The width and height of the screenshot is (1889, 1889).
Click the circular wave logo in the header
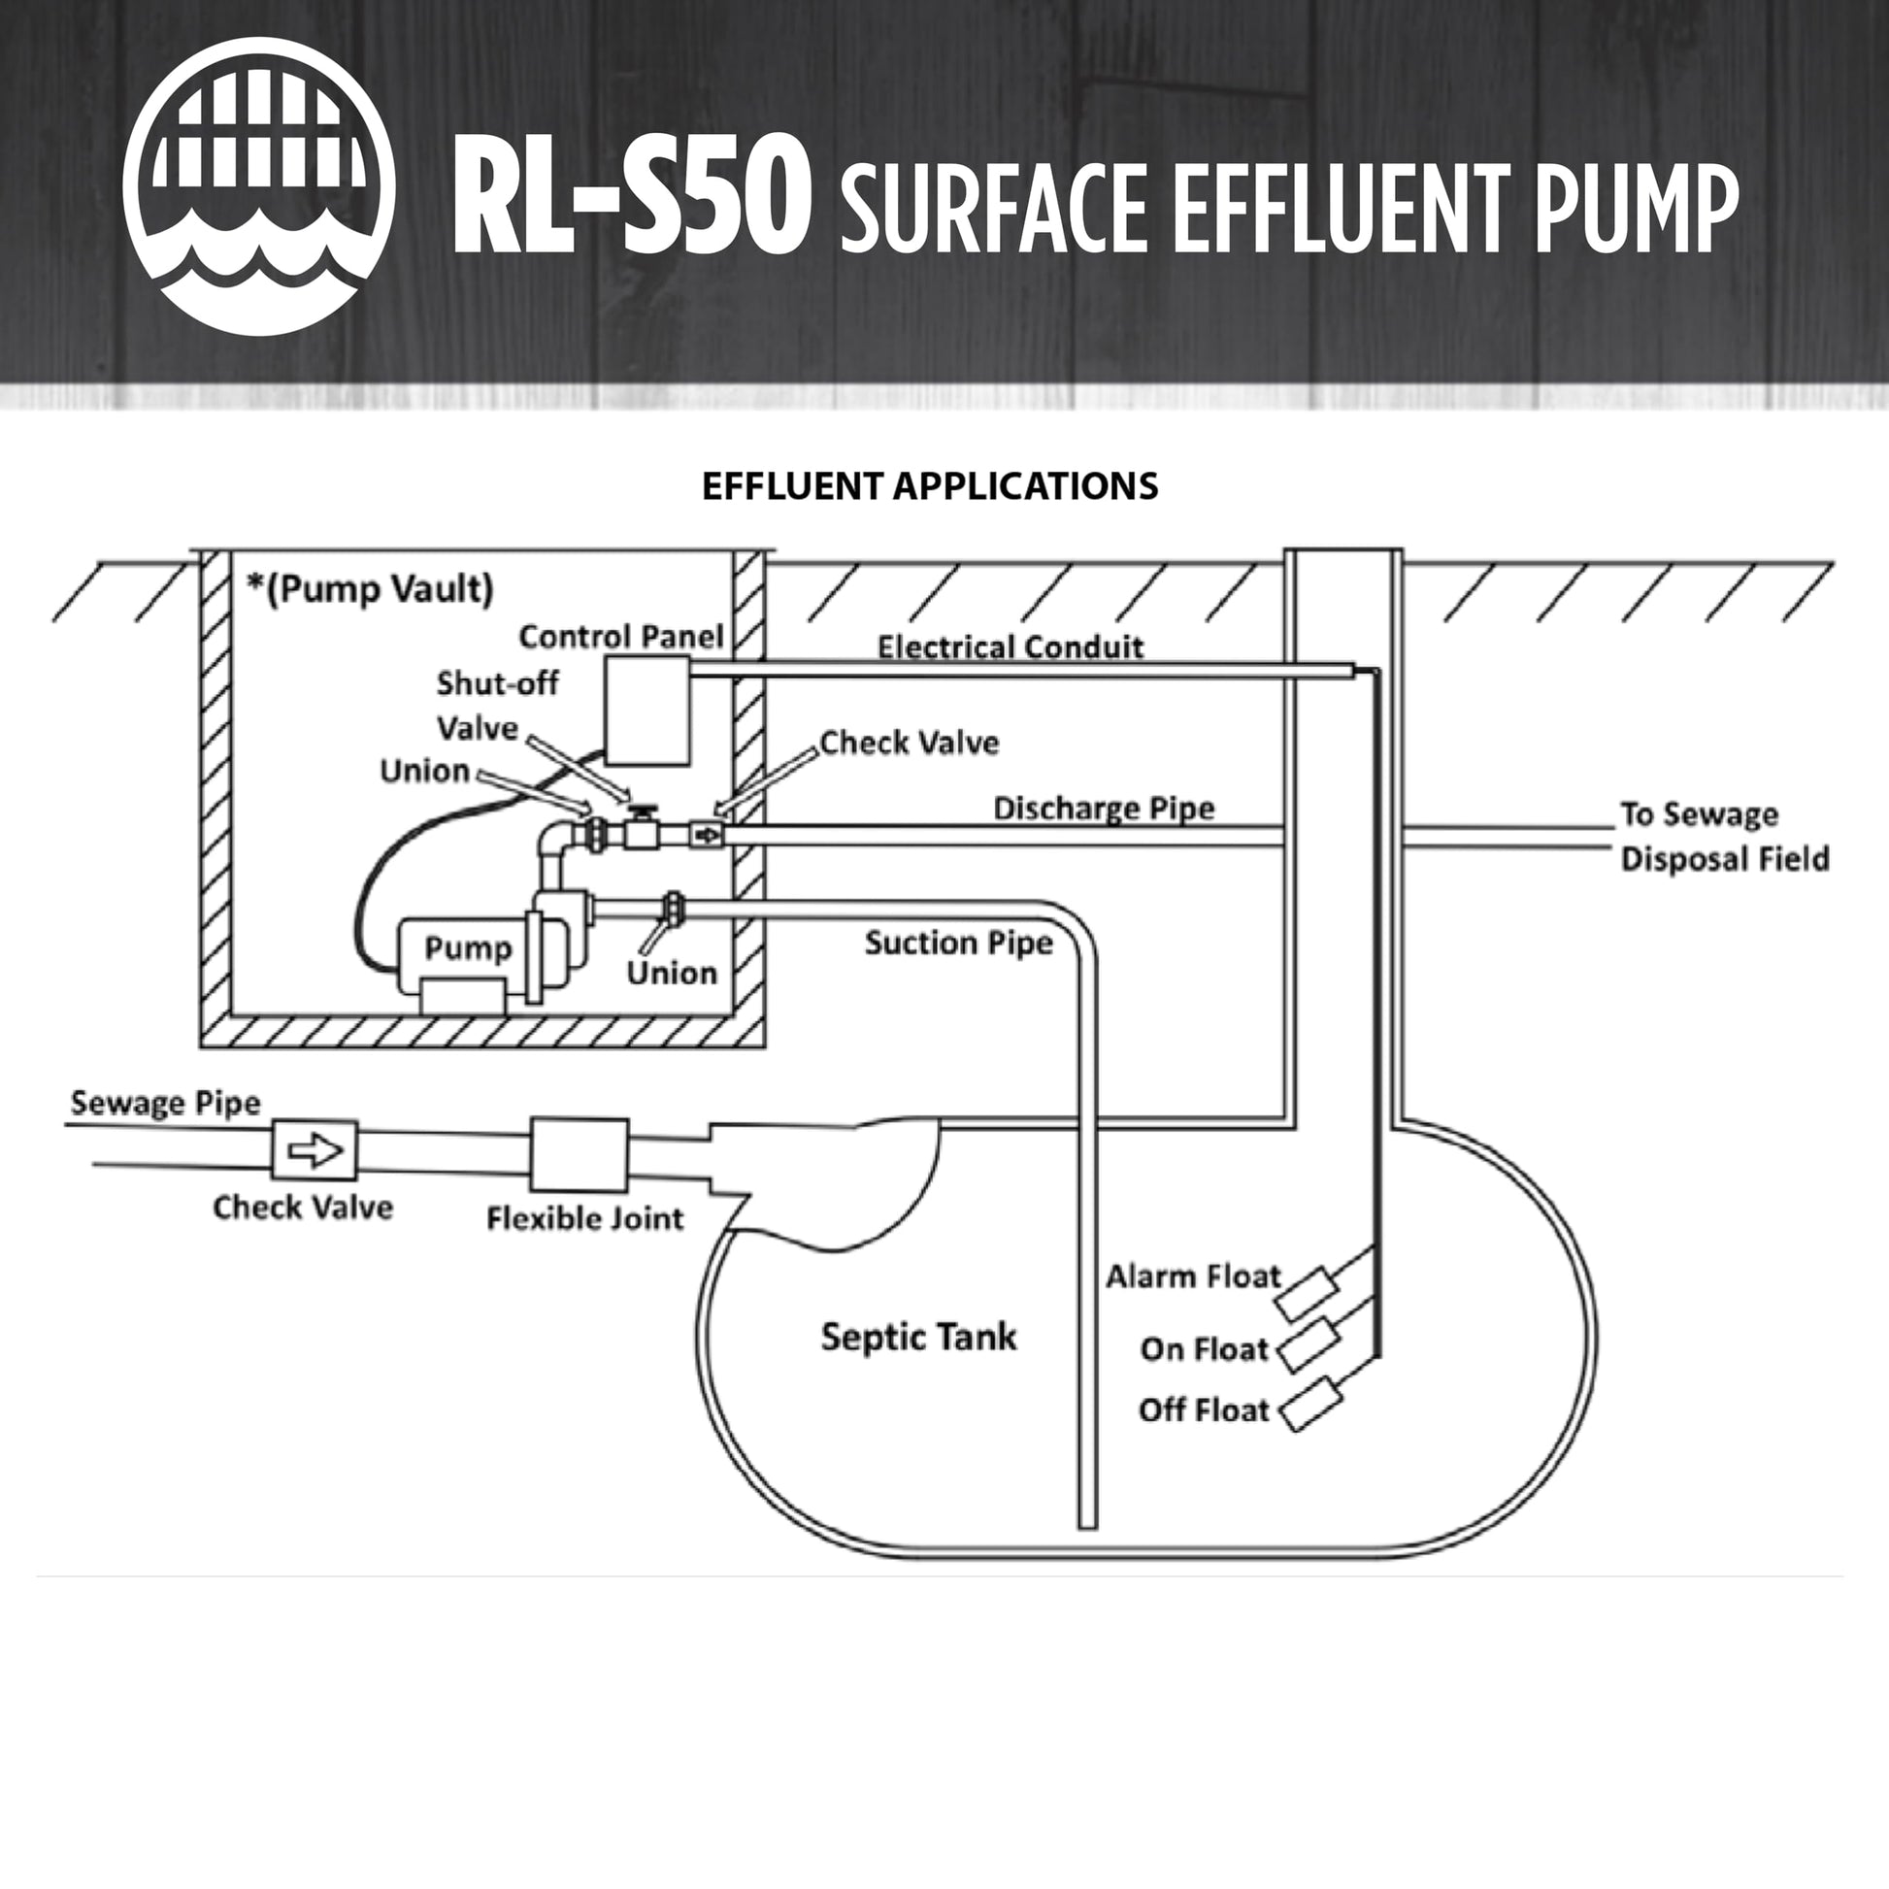point(259,186)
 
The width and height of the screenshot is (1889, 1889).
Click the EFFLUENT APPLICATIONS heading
point(930,487)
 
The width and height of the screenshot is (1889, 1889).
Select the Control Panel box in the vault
point(647,711)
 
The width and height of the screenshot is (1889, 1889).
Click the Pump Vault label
point(371,588)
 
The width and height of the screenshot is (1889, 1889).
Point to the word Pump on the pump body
point(467,947)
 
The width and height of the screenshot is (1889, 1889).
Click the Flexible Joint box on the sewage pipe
point(579,1155)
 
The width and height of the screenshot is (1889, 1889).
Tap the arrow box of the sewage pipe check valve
point(315,1151)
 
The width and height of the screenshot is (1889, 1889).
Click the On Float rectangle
point(1309,1345)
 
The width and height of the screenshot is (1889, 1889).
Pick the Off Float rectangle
point(1310,1404)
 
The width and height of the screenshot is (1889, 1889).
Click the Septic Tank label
point(918,1337)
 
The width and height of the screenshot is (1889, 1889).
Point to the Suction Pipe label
point(958,943)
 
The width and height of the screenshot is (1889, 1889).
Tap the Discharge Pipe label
point(1104,808)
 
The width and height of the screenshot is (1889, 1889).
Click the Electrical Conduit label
point(1010,646)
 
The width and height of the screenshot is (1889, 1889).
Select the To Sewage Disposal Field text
point(1724,836)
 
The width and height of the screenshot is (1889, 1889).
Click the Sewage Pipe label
point(165,1103)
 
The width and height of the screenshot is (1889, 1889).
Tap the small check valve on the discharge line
point(705,835)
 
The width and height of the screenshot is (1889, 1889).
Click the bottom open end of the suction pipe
point(1087,1523)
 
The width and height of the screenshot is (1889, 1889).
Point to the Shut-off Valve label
point(497,705)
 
